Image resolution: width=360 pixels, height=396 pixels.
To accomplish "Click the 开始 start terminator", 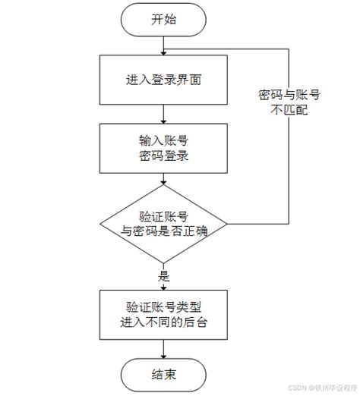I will tap(164, 20).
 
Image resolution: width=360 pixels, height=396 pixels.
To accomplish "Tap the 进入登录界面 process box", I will tap(164, 80).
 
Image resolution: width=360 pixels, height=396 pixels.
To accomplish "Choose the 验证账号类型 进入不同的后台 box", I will tap(164, 314).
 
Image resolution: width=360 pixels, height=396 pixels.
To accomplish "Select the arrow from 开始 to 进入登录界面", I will tap(164, 46).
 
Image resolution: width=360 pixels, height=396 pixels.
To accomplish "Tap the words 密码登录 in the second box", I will tap(164, 158).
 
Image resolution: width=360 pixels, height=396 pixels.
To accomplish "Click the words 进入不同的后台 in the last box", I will tap(164, 322).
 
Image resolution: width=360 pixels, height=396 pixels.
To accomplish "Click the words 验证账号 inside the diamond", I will tap(164, 215).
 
